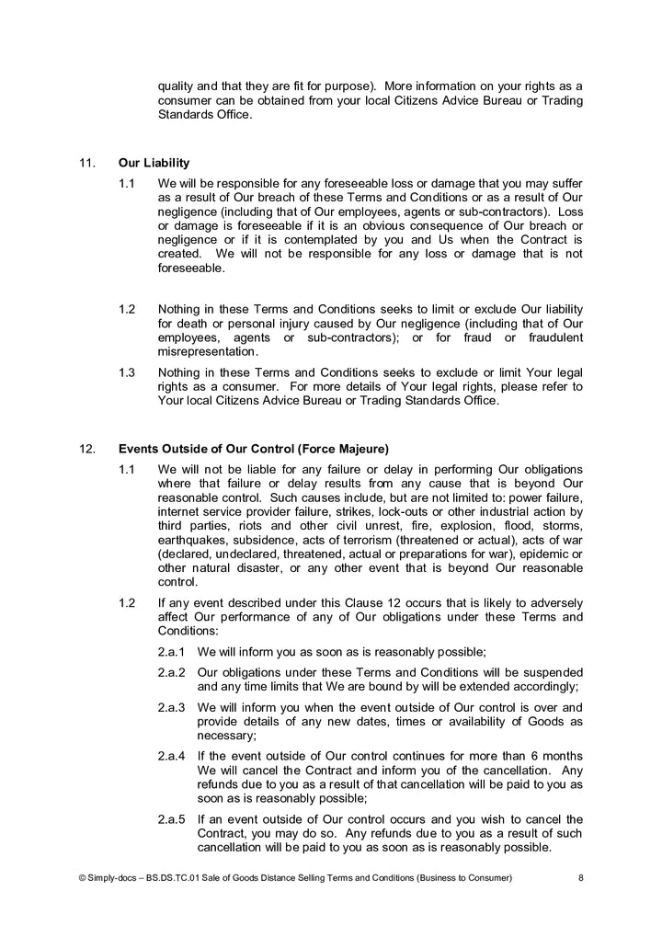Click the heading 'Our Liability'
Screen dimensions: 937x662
point(154,164)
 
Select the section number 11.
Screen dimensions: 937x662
point(87,164)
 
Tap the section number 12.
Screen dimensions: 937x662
point(87,450)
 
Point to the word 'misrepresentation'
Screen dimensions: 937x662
point(207,352)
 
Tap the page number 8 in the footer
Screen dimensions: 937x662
point(580,879)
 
